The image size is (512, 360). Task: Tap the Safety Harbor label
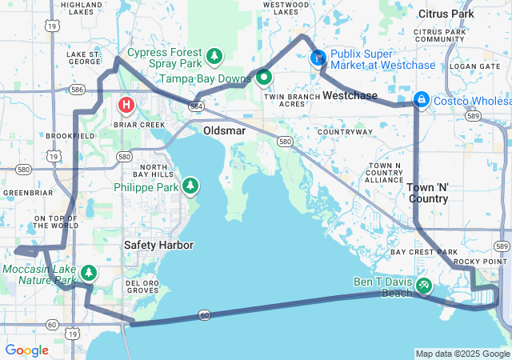pyautogui.click(x=158, y=245)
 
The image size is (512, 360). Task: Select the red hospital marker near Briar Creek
pyautogui.click(x=126, y=105)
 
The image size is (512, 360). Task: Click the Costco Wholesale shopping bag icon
pyautogui.click(x=420, y=99)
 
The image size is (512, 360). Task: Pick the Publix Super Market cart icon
pyautogui.click(x=318, y=58)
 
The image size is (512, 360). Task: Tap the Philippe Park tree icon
pyautogui.click(x=190, y=186)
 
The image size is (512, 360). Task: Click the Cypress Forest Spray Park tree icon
pyautogui.click(x=214, y=56)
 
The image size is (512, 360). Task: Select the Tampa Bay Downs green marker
pyautogui.click(x=263, y=78)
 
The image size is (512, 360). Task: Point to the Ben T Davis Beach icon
pyautogui.click(x=423, y=284)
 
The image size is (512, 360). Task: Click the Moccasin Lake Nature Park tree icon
pyautogui.click(x=89, y=274)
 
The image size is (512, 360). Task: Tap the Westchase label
pyautogui.click(x=350, y=95)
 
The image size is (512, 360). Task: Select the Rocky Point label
pyautogui.click(x=480, y=262)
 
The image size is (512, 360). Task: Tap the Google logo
pyautogui.click(x=27, y=350)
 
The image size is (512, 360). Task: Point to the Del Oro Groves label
pyautogui.click(x=142, y=287)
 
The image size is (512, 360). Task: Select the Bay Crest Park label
pyautogui.click(x=423, y=251)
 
